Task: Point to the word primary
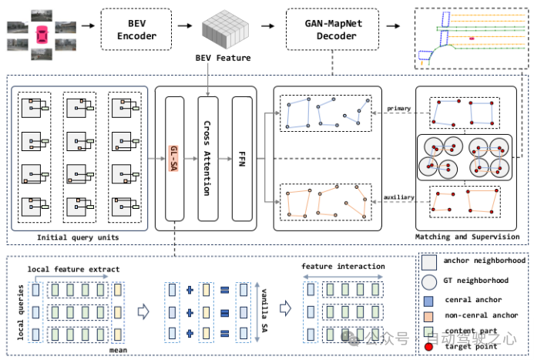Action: tap(398, 109)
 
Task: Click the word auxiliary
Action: tap(398, 198)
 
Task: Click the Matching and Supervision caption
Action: tap(467, 237)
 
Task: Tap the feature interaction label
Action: tap(343, 267)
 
